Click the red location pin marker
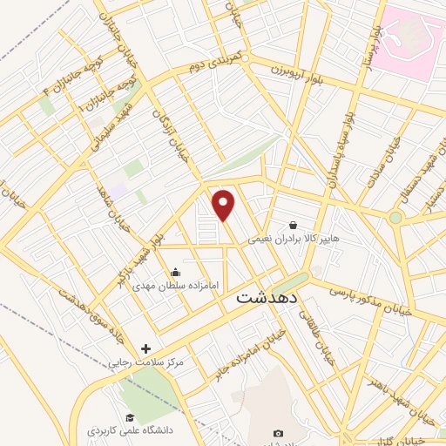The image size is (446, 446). coord(224,205)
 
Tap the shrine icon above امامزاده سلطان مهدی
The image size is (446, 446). coord(176,271)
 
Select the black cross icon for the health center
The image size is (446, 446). coord(145,348)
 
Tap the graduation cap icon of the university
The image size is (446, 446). coord(129,417)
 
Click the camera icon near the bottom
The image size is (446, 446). coord(278,433)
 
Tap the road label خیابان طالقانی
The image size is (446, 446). coord(323,341)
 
